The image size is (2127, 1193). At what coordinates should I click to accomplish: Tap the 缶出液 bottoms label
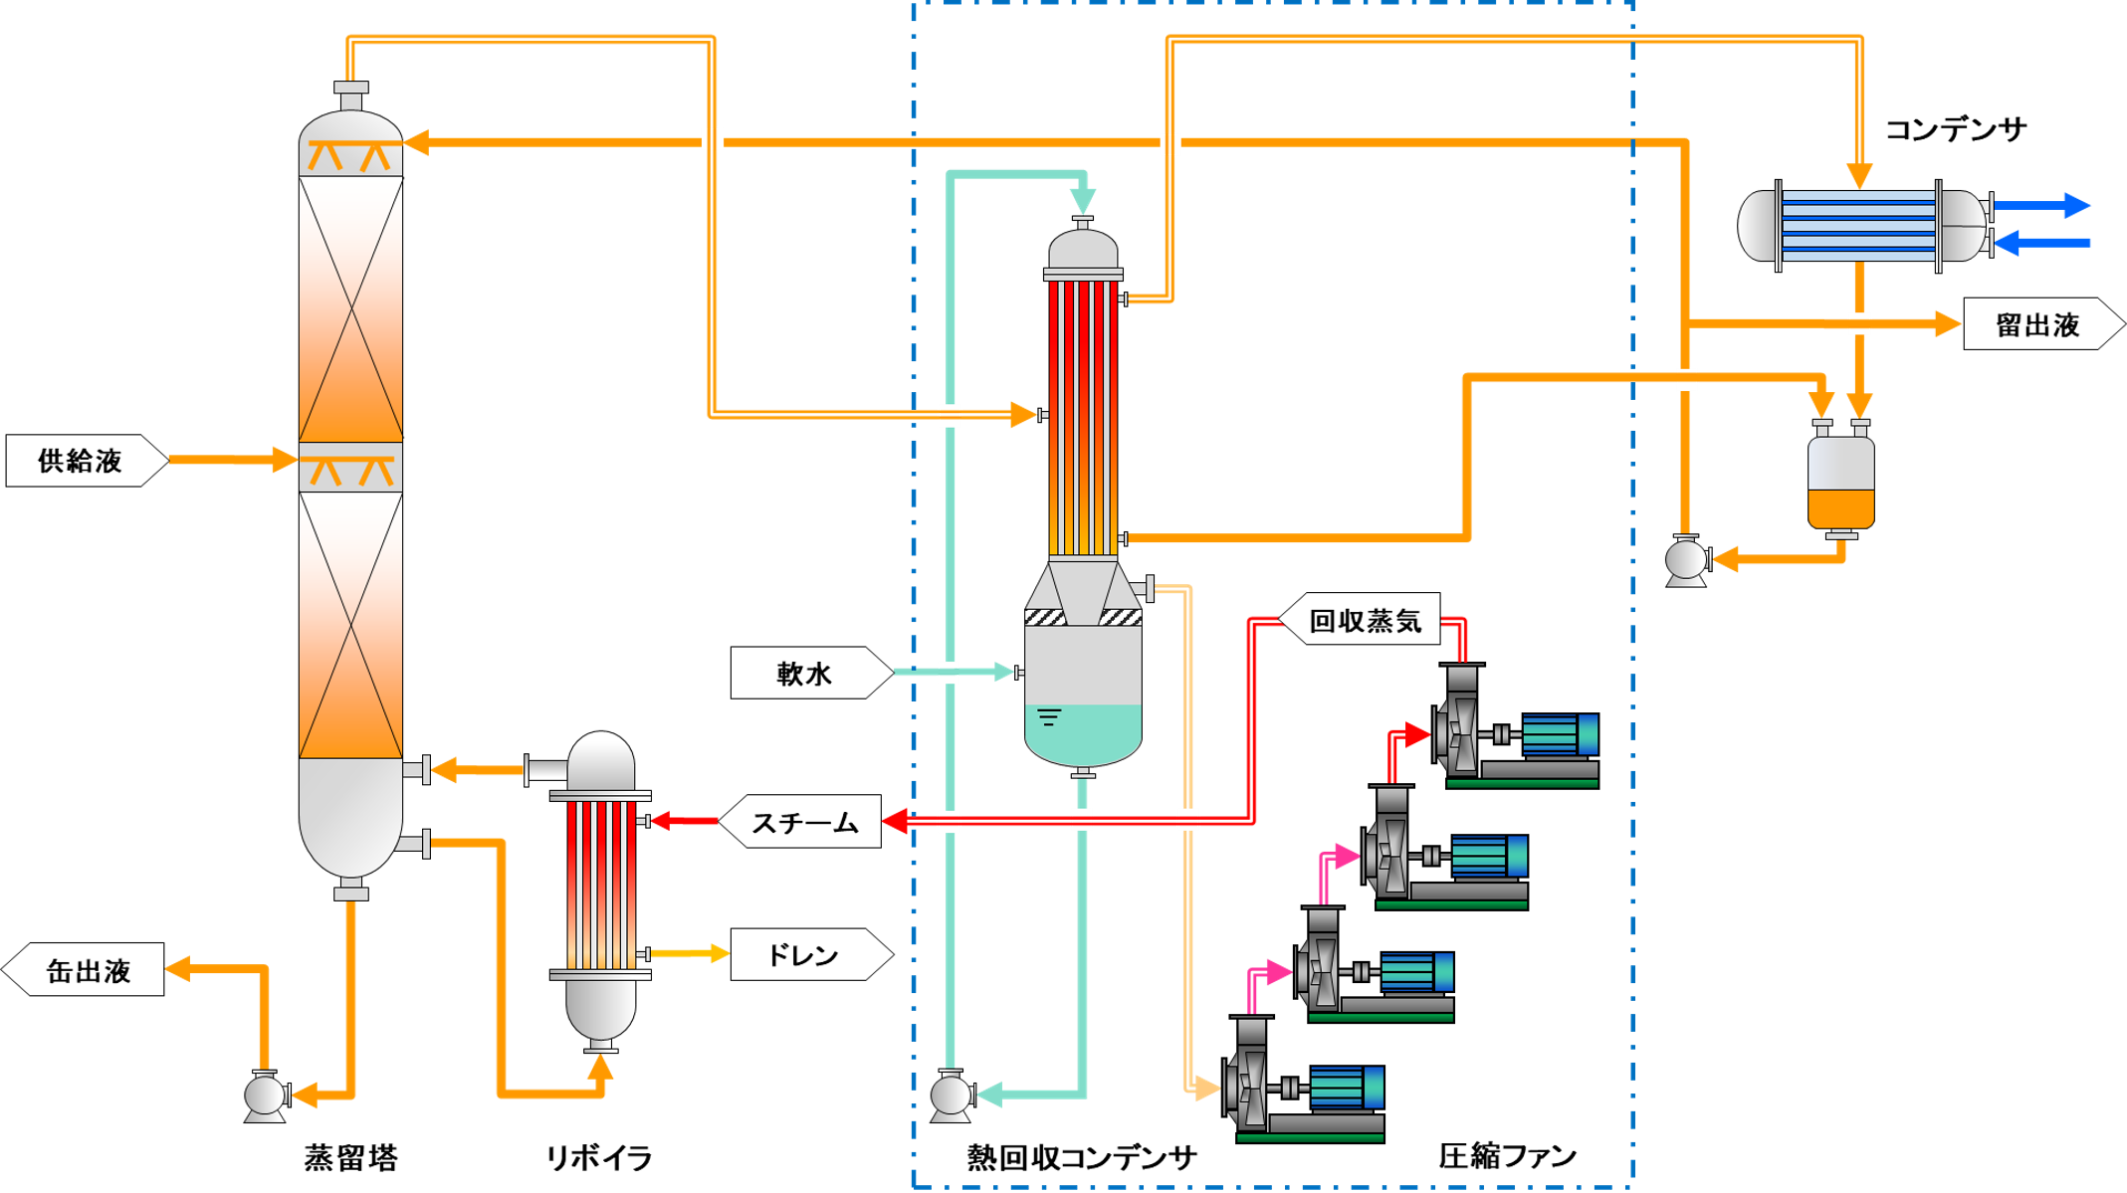tap(88, 970)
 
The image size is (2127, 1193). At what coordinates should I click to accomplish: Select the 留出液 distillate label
tap(2038, 324)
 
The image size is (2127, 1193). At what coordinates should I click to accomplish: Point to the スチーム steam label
tap(804, 822)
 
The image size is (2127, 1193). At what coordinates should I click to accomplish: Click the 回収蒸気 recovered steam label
tap(1365, 621)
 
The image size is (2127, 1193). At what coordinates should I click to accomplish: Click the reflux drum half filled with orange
tap(1840, 483)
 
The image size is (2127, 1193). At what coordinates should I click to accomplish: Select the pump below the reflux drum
tap(1686, 559)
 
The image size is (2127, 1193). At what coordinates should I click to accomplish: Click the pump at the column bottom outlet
tap(266, 1095)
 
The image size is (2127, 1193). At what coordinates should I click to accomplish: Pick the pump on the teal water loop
tap(952, 1094)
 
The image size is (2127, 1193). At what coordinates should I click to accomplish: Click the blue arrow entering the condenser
tap(2040, 242)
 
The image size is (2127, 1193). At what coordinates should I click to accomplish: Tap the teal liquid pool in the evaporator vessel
tap(1083, 731)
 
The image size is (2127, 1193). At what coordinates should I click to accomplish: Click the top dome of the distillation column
tap(350, 129)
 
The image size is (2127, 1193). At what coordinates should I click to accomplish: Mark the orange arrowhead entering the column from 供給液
tap(284, 460)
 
